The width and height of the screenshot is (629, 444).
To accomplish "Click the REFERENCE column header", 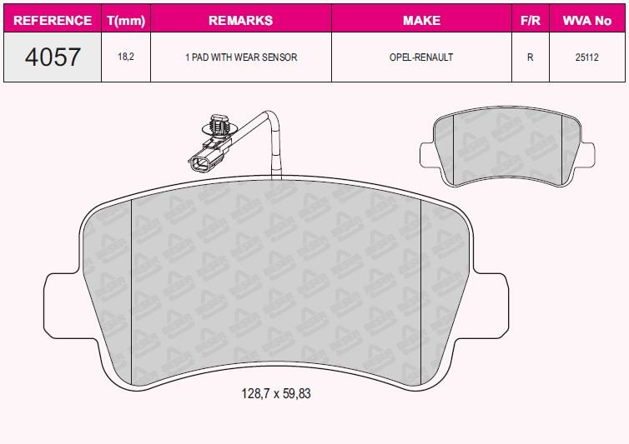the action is (x=53, y=21).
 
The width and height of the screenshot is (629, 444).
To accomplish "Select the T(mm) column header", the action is (x=126, y=21).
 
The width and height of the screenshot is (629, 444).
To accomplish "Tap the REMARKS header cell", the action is (x=241, y=21).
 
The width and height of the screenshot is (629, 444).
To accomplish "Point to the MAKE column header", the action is (x=421, y=21).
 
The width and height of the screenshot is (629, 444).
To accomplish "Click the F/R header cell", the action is (x=531, y=21).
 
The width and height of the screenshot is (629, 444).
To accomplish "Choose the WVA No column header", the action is (x=587, y=21).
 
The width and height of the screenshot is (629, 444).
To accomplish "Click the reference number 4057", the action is (x=53, y=57).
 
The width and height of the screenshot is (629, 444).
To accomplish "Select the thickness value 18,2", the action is (x=126, y=57).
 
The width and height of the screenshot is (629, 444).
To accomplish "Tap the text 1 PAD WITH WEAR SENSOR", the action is (x=241, y=57).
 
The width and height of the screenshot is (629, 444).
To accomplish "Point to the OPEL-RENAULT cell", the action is (x=421, y=57).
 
